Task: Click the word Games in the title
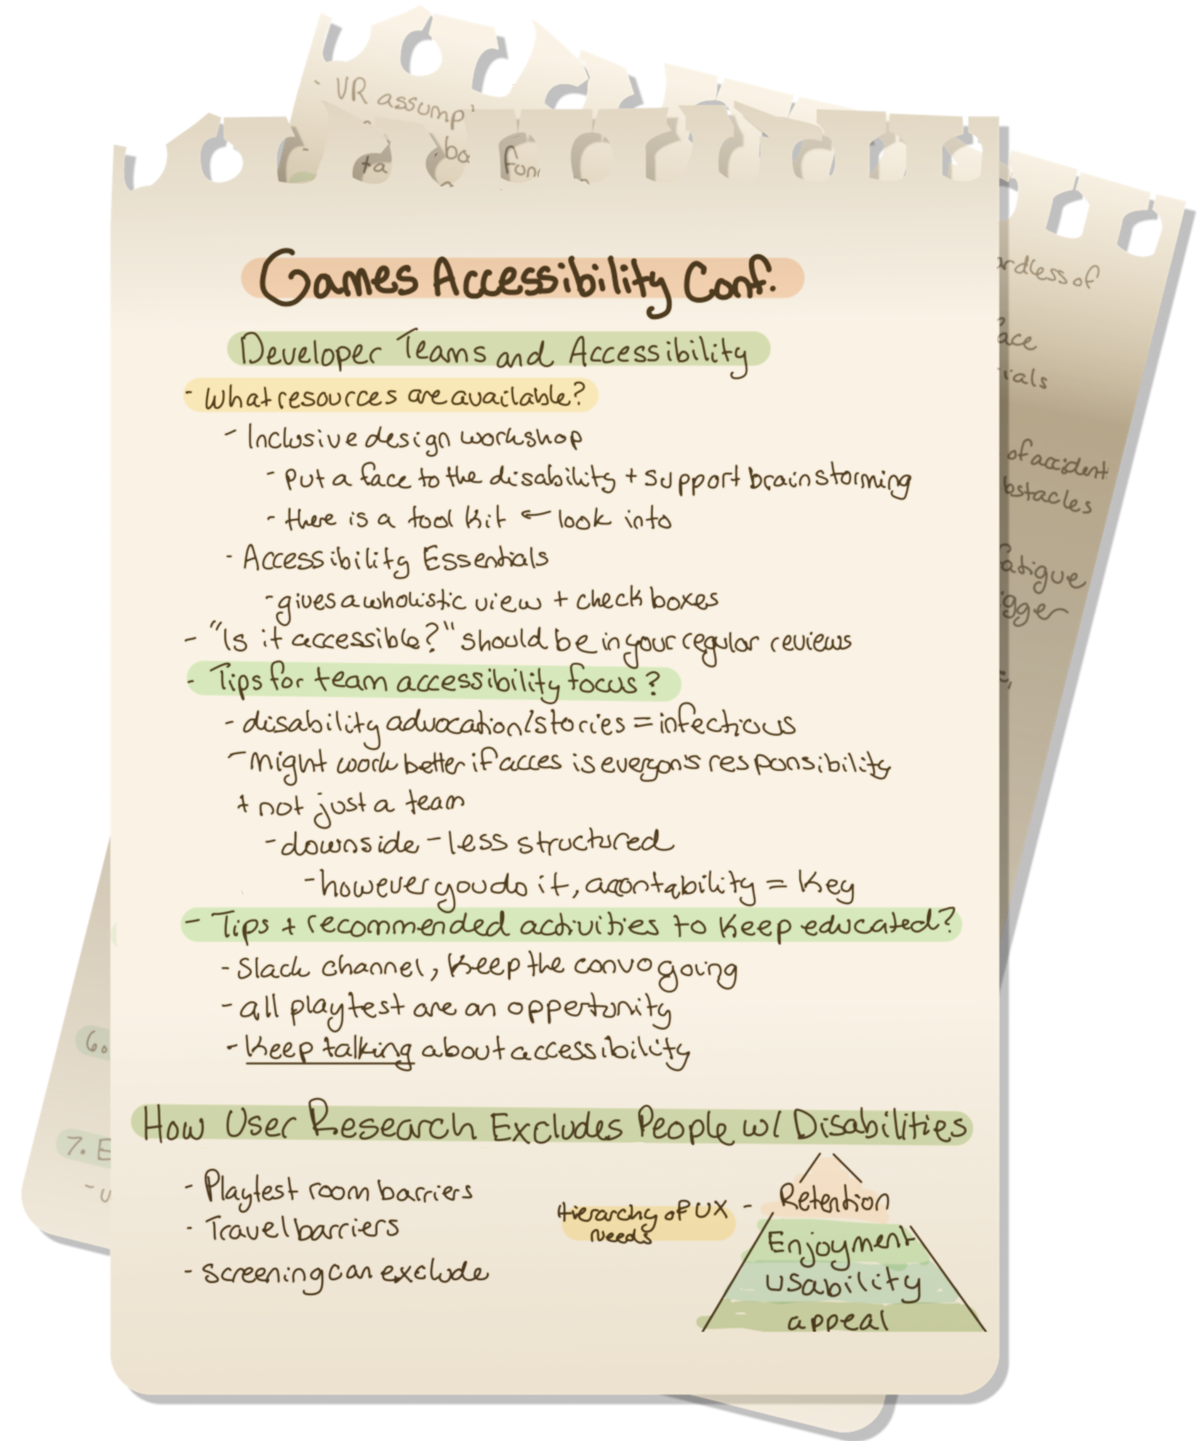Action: (339, 278)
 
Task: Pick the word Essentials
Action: (485, 559)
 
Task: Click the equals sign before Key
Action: (776, 885)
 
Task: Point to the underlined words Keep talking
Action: (329, 1049)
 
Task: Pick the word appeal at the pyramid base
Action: (838, 1320)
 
